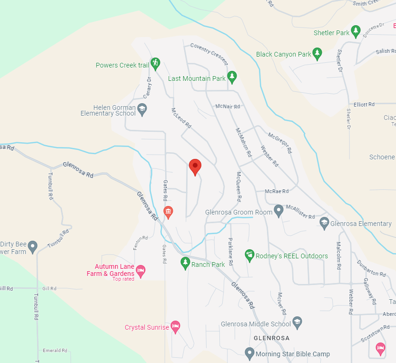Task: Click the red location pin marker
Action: (195, 167)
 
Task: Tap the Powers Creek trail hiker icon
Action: (155, 63)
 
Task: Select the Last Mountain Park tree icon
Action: (232, 76)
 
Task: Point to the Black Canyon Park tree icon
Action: (317, 53)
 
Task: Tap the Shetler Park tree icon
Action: (356, 31)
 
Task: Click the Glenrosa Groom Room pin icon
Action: (279, 212)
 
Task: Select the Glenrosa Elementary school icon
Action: (324, 222)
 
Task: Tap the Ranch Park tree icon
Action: (185, 263)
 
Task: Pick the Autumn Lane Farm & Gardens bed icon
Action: (140, 271)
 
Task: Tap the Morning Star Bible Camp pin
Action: (249, 353)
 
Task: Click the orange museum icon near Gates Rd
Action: (168, 212)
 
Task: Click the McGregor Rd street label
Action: (279, 143)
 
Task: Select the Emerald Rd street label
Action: (54, 351)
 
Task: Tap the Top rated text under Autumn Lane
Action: (123, 279)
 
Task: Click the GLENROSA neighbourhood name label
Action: (271, 338)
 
